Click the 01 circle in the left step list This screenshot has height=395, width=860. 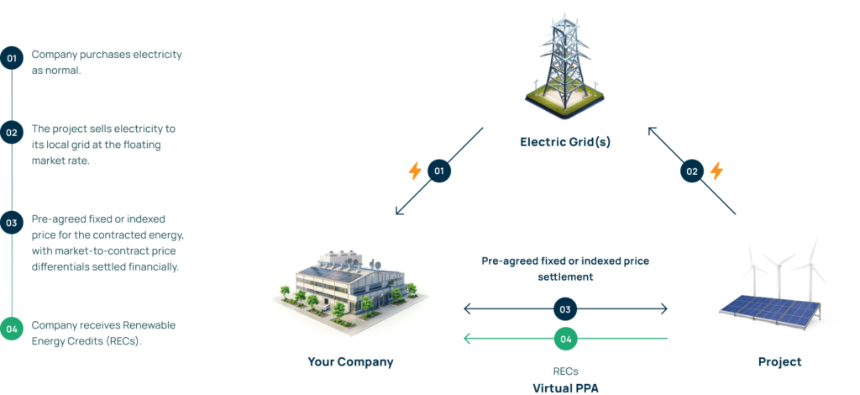[x=12, y=59]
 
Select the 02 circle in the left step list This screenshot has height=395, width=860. [x=12, y=132]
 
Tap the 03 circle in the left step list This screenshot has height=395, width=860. [x=12, y=224]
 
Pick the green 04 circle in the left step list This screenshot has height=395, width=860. [x=12, y=329]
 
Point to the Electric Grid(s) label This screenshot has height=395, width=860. [x=564, y=142]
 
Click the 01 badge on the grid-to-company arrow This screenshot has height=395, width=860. [x=438, y=171]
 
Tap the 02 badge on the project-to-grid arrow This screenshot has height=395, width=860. [x=691, y=171]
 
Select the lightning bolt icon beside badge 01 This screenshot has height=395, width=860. [x=415, y=171]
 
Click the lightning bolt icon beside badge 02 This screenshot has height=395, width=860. [x=716, y=171]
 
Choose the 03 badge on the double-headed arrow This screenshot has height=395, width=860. [x=565, y=309]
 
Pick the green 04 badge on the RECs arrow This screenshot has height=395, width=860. [x=565, y=339]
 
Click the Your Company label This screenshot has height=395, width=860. [x=350, y=362]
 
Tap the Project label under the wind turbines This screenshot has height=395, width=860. [x=779, y=362]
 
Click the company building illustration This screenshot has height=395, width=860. [x=350, y=286]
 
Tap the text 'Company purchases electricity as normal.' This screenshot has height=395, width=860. [x=107, y=62]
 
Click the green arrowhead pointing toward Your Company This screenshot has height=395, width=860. [x=466, y=339]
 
